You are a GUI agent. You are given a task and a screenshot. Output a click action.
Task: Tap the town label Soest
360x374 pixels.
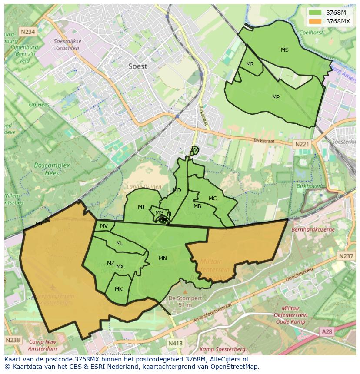tap(137, 66)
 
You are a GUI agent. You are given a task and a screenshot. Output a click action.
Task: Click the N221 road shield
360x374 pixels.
tap(301, 144)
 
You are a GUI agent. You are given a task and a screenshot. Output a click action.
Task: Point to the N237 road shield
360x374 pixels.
tap(346, 256)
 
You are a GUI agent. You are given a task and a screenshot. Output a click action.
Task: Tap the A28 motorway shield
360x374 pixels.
tap(327, 331)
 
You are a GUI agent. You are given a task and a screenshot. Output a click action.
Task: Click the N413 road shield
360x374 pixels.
tap(175, 343)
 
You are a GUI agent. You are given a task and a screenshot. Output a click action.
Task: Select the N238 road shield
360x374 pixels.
tap(13, 340)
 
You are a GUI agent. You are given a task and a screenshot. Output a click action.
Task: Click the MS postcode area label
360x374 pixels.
tap(284, 50)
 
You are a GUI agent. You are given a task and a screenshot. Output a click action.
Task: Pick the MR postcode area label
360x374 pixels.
tap(250, 64)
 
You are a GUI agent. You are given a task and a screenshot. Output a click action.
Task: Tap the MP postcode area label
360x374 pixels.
tap(276, 97)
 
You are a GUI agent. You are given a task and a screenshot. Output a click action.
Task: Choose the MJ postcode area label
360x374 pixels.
tap(141, 207)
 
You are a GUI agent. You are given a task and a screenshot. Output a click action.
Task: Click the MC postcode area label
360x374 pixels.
tap(212, 199)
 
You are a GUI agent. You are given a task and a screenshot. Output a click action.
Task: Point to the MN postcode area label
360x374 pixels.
tap(163, 258)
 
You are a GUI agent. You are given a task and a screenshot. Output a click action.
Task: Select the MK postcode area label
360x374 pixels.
tap(118, 289)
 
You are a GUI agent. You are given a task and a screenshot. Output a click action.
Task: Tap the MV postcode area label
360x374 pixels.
tap(103, 226)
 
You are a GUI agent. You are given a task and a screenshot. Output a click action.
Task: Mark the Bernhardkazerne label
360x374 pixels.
tap(313, 229)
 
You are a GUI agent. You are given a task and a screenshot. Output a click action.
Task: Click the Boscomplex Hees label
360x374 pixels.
tap(46, 169)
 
